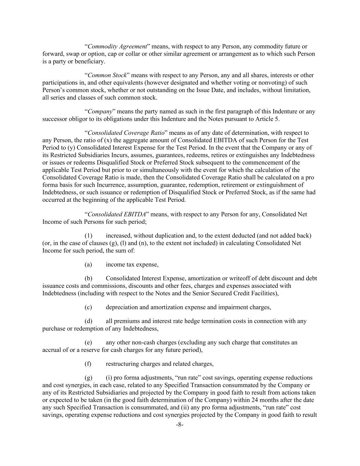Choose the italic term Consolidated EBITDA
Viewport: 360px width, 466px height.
pos(117,214)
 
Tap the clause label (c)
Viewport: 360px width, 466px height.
pos(88,307)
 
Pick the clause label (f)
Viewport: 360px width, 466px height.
pos(88,364)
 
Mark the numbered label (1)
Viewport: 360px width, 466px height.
pos(88,236)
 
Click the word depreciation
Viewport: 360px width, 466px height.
pos(121,307)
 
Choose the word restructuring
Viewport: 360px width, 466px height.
pos(121,364)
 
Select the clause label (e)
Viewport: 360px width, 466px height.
pos(88,342)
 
